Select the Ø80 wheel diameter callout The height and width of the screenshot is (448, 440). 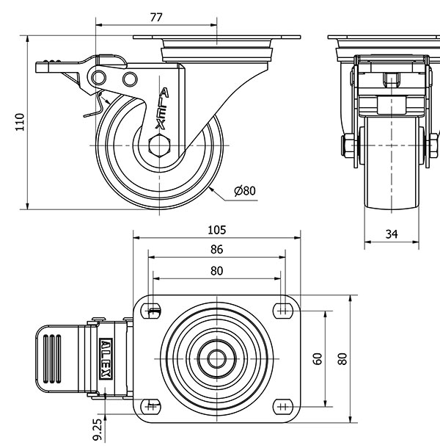[244, 191]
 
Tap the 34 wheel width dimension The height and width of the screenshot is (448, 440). [392, 234]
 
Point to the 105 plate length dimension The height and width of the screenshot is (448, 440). [217, 229]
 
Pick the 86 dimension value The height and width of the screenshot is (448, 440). [217, 250]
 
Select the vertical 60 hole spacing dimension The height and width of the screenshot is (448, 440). [318, 358]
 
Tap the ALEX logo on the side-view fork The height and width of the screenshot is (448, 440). [164, 109]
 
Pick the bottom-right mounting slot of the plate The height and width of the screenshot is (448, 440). [282, 405]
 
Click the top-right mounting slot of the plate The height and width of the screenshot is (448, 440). [282, 310]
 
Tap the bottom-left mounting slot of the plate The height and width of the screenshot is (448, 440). [152, 405]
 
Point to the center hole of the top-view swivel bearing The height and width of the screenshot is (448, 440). [217, 358]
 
